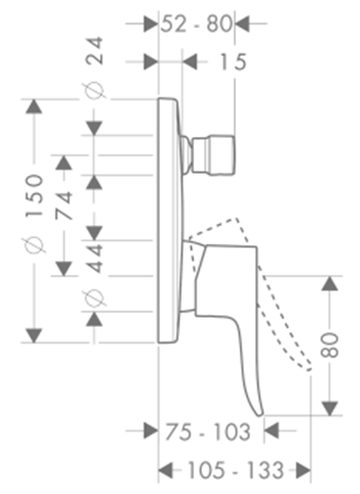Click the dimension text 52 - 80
click(x=197, y=24)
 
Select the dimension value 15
click(x=233, y=61)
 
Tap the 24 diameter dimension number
click(x=95, y=51)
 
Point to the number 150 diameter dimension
click(x=34, y=196)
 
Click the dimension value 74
click(x=64, y=205)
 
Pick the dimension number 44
click(x=95, y=258)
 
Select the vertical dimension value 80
click(x=329, y=345)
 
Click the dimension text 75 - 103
click(x=208, y=432)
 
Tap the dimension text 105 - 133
click(x=236, y=470)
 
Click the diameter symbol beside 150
click(x=33, y=245)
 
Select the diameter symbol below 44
click(x=94, y=297)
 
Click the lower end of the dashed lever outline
click(x=309, y=369)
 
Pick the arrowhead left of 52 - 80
click(x=150, y=24)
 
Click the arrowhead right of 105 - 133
click(x=303, y=470)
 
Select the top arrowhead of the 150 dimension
click(x=33, y=106)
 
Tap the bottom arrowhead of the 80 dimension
click(x=329, y=408)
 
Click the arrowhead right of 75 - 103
click(x=271, y=431)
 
